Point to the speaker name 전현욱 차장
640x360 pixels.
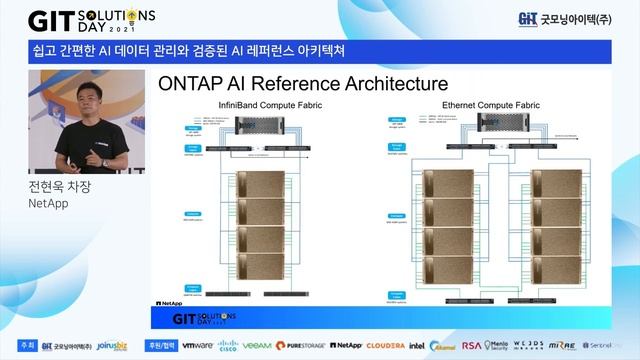click(x=63, y=186)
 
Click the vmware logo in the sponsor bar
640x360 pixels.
click(x=196, y=345)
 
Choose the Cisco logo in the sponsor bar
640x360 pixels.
click(x=227, y=346)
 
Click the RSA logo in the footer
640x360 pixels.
click(x=471, y=345)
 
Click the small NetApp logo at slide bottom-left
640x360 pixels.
click(x=169, y=301)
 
